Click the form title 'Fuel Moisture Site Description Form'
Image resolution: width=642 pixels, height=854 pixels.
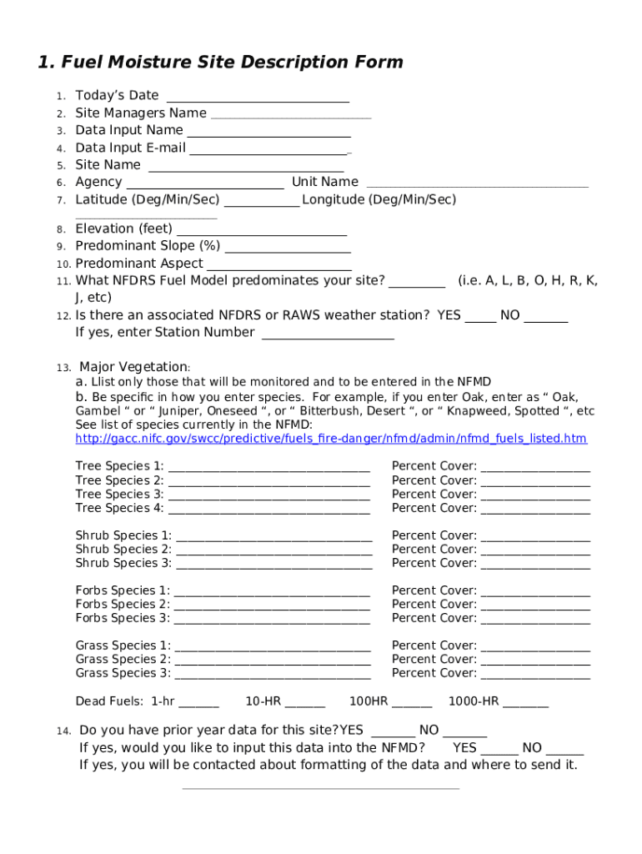tap(221, 63)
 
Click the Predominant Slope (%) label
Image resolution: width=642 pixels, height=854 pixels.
tap(148, 246)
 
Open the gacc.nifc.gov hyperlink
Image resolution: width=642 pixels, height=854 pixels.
tap(331, 439)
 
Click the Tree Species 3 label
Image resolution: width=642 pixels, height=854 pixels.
tap(119, 495)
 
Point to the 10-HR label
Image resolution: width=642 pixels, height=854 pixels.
tap(263, 701)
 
